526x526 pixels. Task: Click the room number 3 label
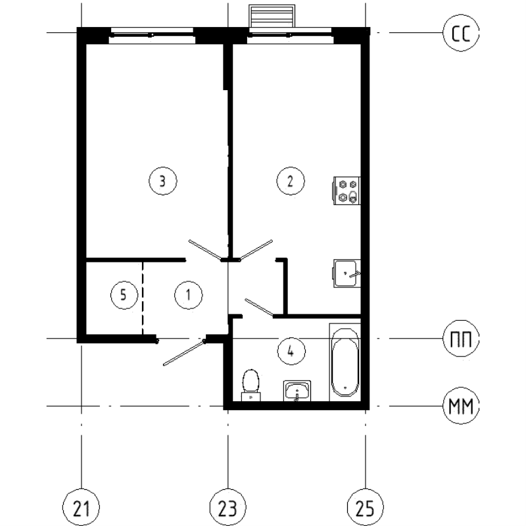coord(162,181)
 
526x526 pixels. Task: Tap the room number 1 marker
coord(189,295)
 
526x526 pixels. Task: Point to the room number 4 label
coord(291,352)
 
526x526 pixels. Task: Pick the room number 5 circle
coord(124,295)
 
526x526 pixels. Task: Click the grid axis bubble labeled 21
coord(81,508)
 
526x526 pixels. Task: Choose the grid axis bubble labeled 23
coord(227,508)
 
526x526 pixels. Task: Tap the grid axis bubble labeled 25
coord(366,508)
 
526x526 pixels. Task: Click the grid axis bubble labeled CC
coord(461,33)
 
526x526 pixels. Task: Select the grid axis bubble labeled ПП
coord(461,338)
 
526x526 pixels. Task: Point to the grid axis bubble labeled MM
coord(461,406)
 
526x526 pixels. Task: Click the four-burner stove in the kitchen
coord(347,191)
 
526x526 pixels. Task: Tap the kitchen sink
coord(347,274)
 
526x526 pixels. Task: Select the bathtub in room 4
coord(345,362)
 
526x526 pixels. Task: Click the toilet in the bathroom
coord(251,385)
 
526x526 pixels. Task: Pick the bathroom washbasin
coord(297,391)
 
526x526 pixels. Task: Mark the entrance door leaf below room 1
coord(184,353)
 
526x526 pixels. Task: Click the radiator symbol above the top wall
coord(272,16)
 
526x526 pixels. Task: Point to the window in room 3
coord(152,35)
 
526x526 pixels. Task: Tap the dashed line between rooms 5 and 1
coord(143,299)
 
